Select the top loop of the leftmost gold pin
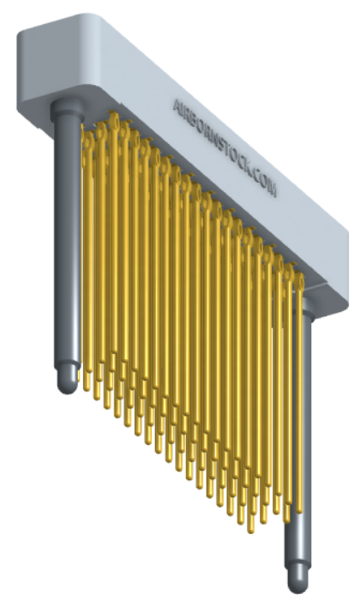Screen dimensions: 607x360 coord(87,129)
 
